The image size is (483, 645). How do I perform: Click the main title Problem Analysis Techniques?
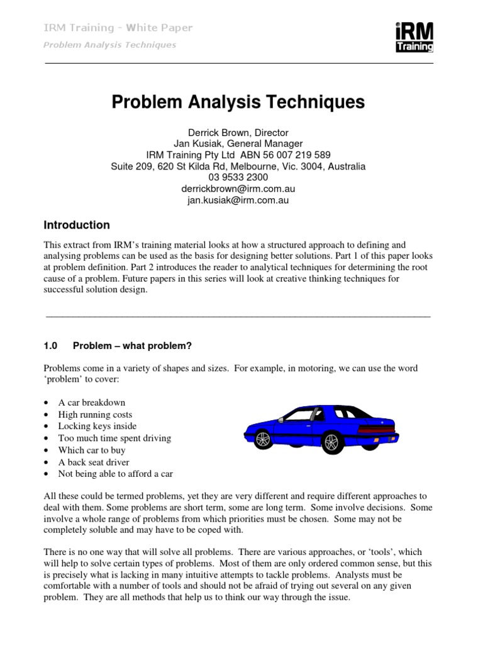[238, 102]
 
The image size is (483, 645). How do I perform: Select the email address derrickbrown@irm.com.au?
[238, 189]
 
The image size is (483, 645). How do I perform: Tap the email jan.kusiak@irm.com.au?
[238, 200]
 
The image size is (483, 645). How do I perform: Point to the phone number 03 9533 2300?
[238, 178]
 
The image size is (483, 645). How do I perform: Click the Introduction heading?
[76, 225]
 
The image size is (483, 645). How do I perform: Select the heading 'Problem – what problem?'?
[131, 346]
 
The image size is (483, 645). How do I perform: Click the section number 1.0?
[50, 346]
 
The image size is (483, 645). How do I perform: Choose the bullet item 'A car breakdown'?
[92, 402]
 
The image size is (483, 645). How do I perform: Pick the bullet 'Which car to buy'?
[92, 450]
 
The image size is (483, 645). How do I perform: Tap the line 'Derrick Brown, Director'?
[238, 132]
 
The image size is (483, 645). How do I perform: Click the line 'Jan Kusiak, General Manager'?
[238, 144]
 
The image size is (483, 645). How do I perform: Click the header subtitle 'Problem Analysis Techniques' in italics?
[109, 45]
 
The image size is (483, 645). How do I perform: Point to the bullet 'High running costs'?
[95, 414]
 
